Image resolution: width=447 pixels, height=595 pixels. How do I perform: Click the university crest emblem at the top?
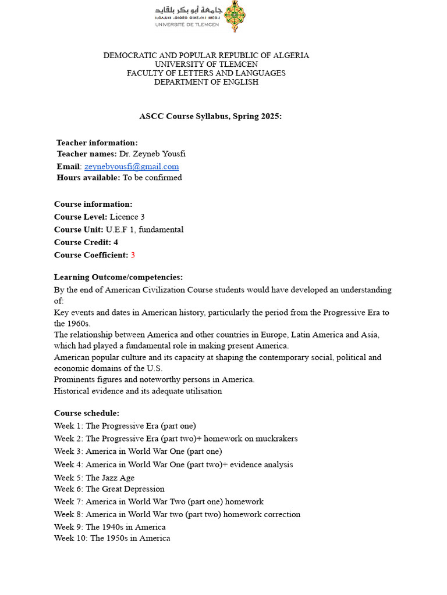235,16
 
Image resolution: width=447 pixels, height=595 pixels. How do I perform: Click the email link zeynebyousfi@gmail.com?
132,166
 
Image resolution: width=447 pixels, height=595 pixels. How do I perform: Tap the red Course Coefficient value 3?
133,255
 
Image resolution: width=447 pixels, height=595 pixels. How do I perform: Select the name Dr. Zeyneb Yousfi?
152,154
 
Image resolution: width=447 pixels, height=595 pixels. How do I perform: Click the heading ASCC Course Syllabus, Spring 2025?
210,116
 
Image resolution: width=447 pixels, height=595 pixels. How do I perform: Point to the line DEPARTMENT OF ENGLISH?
206,82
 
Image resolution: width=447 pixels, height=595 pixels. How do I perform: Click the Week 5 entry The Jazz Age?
110,478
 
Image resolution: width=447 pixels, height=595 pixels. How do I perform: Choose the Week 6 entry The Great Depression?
125,489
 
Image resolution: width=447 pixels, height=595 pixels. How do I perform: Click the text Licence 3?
127,217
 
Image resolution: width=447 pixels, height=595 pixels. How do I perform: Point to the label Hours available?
88,178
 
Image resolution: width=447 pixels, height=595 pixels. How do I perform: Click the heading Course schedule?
87,413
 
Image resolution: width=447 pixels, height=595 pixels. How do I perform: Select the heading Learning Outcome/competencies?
118,277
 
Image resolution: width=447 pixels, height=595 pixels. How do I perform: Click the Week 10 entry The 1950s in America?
130,538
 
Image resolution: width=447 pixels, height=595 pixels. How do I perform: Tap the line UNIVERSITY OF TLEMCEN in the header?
206,64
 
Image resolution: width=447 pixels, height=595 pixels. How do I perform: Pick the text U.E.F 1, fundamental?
144,230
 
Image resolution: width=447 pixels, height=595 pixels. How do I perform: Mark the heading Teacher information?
97,142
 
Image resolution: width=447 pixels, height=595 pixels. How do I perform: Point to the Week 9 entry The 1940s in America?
126,527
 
